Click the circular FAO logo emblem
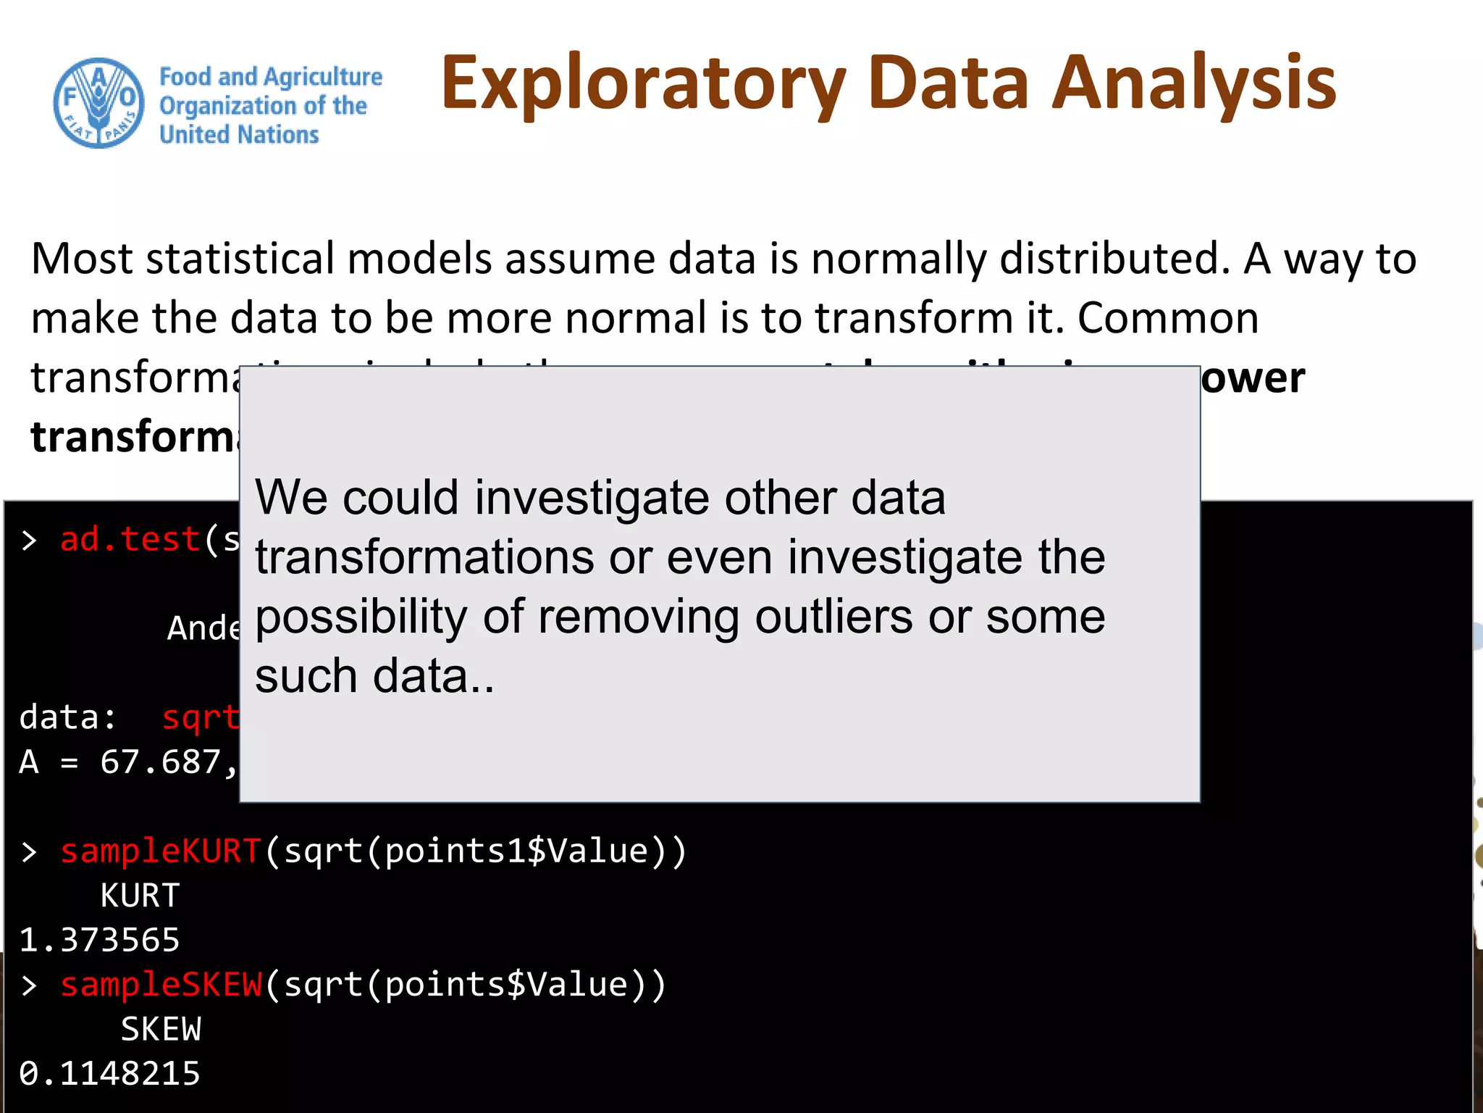coord(98,103)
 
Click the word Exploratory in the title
coord(643,84)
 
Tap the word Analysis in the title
coord(1193,84)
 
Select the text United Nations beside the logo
coord(239,135)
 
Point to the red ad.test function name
coord(130,540)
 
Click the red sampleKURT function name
coord(160,851)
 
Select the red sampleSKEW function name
coord(160,985)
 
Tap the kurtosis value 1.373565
coord(99,940)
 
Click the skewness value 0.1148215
coord(109,1073)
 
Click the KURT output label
coord(140,896)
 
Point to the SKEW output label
coord(160,1029)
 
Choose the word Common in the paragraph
coord(1167,318)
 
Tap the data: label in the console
coord(67,718)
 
